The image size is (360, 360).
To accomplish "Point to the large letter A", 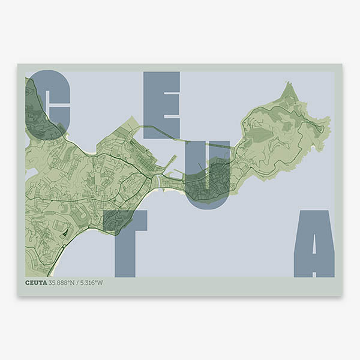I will (x=314, y=243).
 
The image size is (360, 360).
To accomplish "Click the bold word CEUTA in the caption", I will (x=36, y=283).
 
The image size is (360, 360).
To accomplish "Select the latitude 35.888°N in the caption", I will (x=62, y=283).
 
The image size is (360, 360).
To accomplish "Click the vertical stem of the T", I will (x=125, y=252).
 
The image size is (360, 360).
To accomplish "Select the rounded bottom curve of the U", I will (x=207, y=201).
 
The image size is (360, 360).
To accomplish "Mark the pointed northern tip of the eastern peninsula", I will (x=289, y=83).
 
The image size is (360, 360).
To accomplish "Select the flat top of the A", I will (x=314, y=214).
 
